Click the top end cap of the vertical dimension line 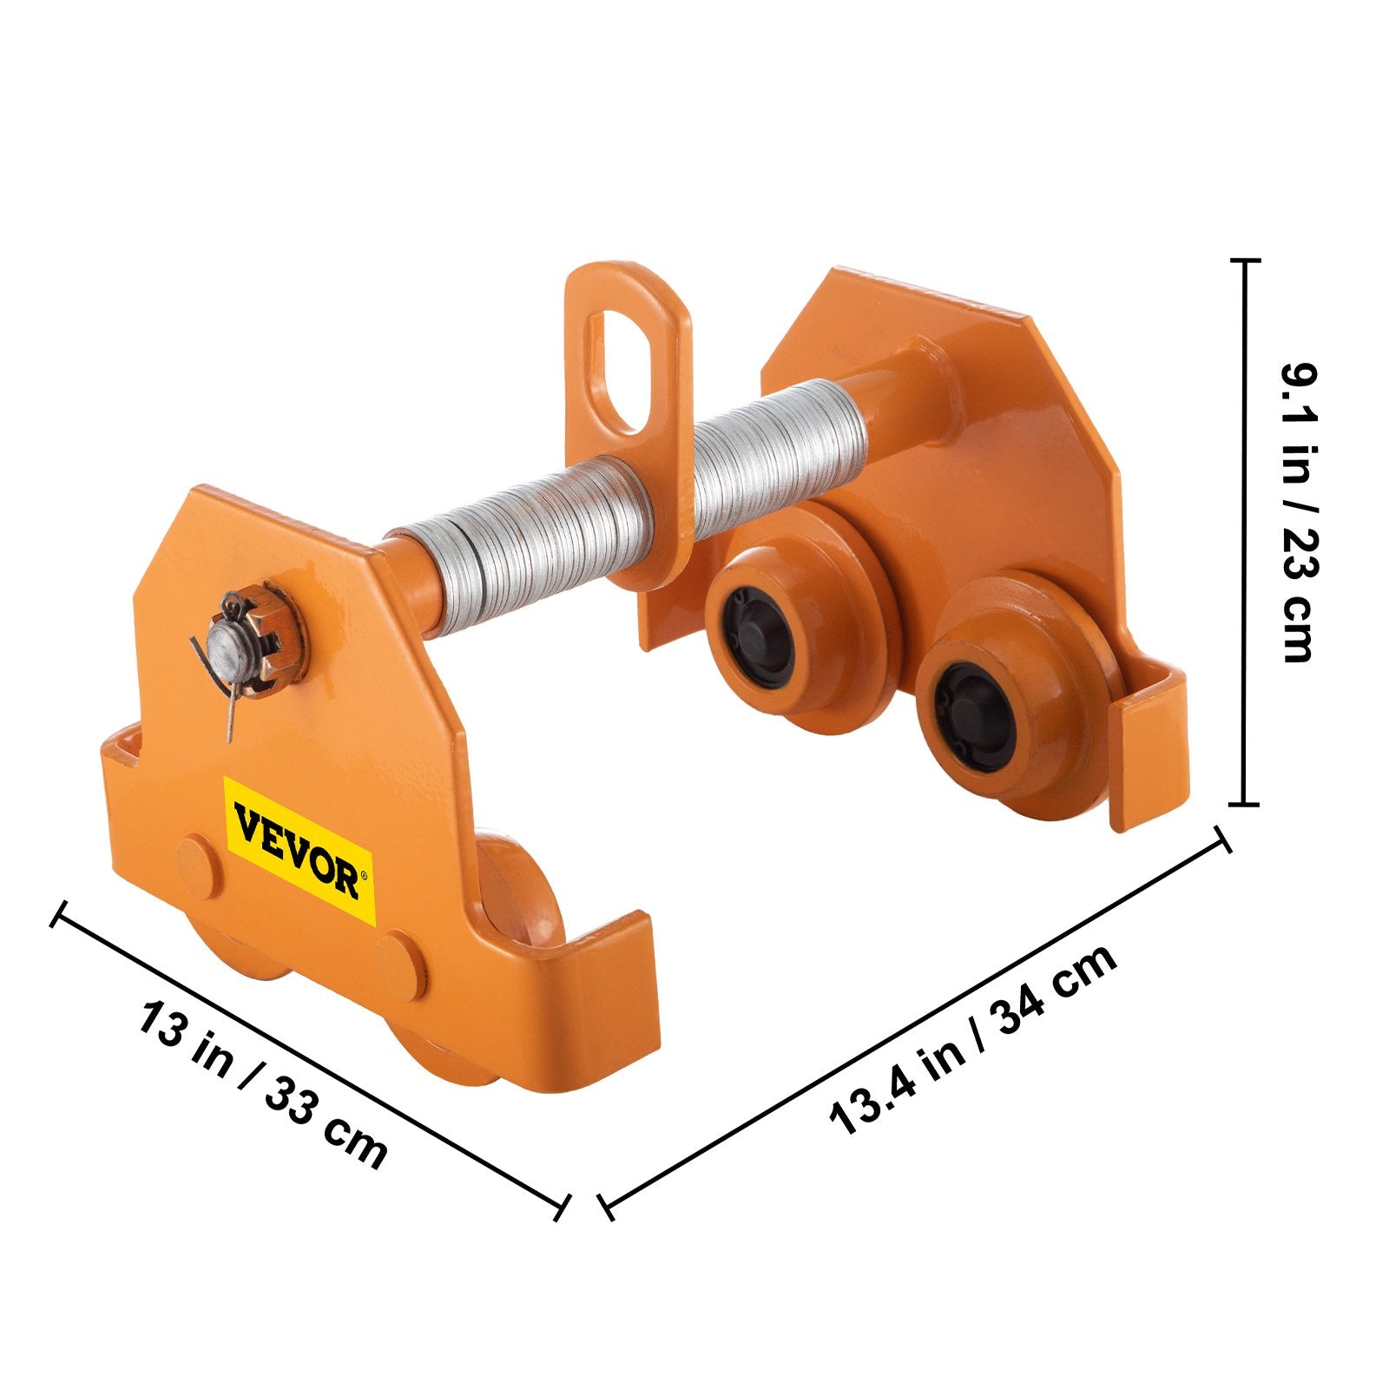1247,260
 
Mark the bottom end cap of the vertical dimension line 1245,804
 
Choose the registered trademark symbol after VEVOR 365,876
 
